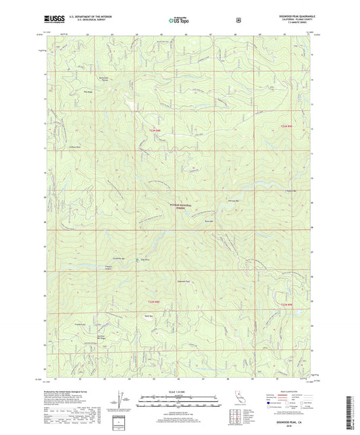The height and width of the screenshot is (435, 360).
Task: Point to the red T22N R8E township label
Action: coord(154,300)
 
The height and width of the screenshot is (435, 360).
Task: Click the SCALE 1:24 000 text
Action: coord(178,391)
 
